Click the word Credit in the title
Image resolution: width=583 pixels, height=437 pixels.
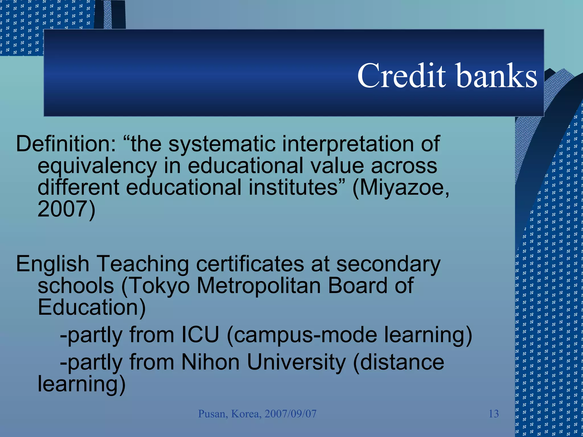[401, 76]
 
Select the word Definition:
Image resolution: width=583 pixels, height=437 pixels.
[66, 144]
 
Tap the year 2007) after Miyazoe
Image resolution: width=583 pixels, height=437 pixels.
[66, 209]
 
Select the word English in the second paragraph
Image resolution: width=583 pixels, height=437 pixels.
[53, 264]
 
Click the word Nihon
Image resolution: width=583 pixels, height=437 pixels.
[210, 362]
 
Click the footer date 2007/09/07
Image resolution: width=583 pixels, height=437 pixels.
[290, 414]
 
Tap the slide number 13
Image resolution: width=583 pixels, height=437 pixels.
[494, 414]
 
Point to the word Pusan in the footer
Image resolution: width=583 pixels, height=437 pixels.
[212, 414]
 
